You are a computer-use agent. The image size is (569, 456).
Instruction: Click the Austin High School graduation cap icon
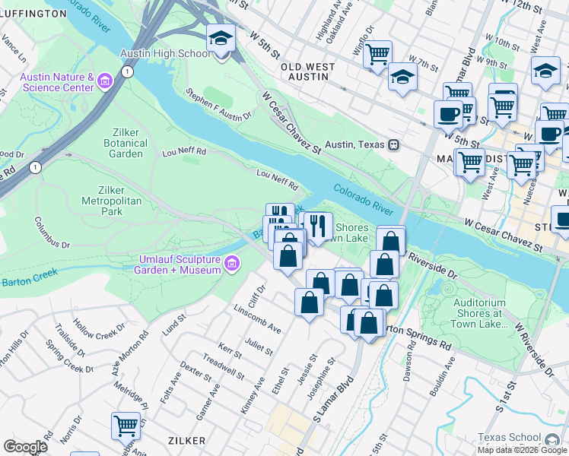[x=221, y=38]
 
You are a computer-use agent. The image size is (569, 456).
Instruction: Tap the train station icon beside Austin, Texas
[x=393, y=144]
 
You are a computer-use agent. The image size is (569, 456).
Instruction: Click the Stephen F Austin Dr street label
[x=219, y=106]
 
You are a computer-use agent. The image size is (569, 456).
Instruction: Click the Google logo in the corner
[x=25, y=446]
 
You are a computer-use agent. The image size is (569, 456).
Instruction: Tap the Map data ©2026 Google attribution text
[x=523, y=450]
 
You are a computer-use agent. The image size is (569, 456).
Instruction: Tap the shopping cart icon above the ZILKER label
[x=126, y=425]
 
